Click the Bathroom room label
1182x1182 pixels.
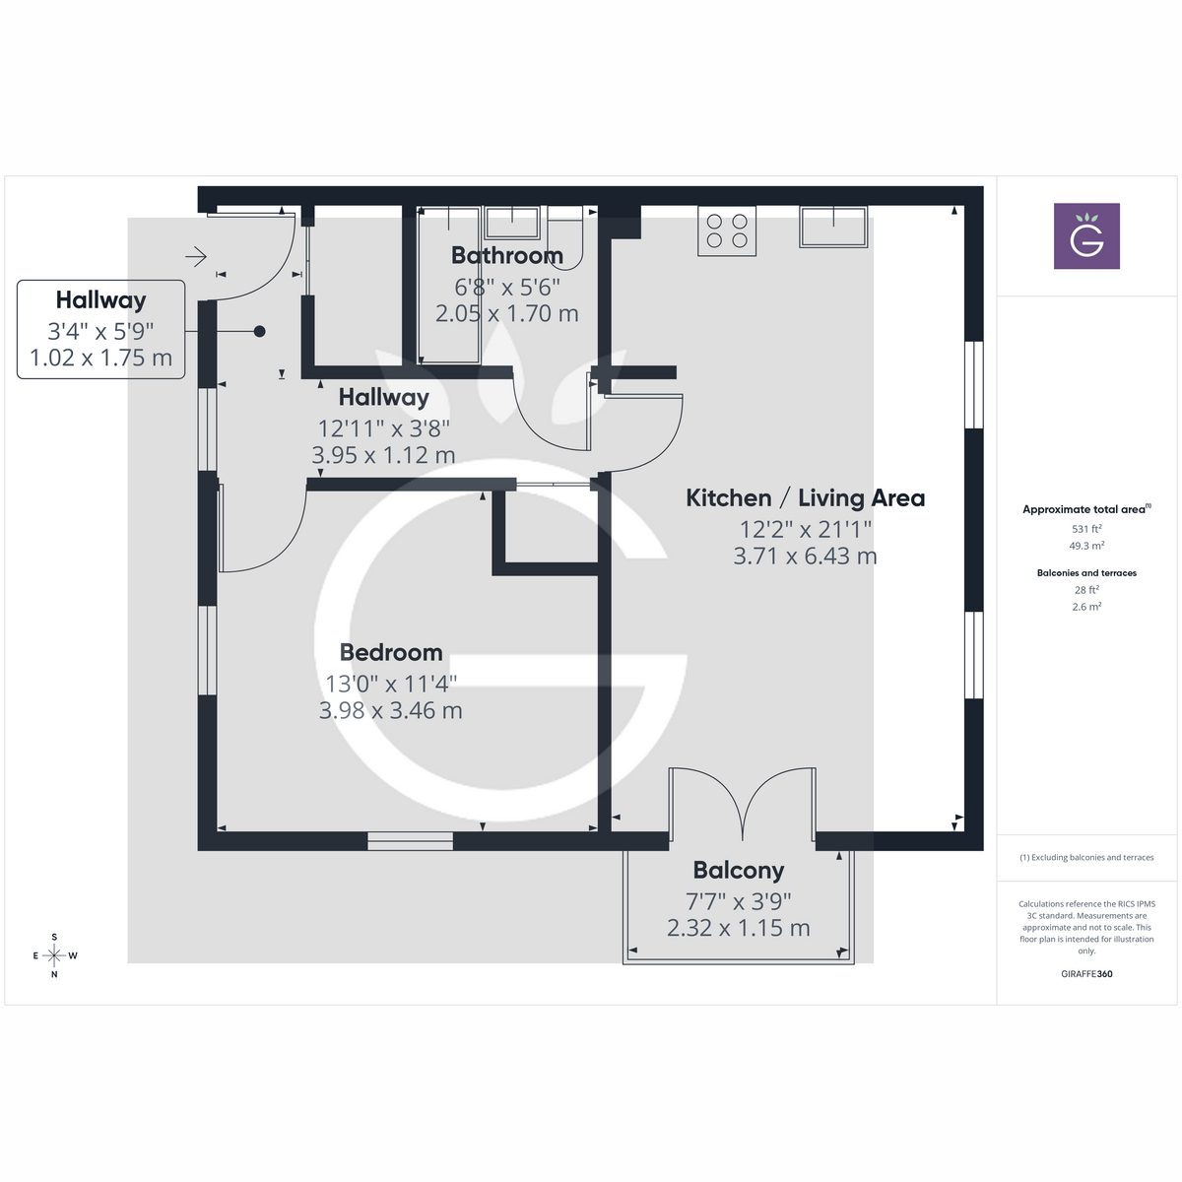tap(506, 255)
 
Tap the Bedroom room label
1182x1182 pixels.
tap(391, 652)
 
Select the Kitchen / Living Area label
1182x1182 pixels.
tap(805, 498)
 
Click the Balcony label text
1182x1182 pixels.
tap(739, 870)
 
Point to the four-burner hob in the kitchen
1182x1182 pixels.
tap(727, 231)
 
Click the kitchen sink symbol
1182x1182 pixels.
tap(833, 228)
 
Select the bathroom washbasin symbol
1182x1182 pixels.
tap(511, 223)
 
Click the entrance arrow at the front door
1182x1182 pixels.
tap(196, 257)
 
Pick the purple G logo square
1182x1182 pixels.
tap(1086, 236)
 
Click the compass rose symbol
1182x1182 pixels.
tap(54, 955)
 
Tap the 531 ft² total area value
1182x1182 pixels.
tap(1086, 529)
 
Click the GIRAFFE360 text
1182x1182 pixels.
tap(1086, 974)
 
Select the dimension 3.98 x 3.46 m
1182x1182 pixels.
tap(391, 710)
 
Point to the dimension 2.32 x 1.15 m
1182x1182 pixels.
tap(739, 928)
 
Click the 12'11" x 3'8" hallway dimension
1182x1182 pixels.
tap(383, 427)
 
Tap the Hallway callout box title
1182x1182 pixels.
tap(100, 300)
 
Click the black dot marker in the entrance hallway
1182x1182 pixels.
tap(260, 332)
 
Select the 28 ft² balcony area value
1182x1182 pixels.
tap(1086, 590)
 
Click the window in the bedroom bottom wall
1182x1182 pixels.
tap(411, 841)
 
